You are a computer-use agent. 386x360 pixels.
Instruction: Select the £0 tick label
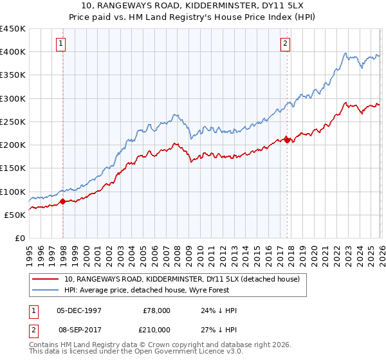pos(19,239)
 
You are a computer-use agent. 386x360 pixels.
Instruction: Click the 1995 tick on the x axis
pos(30,251)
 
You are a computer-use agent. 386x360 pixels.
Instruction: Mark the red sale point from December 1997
pos(62,202)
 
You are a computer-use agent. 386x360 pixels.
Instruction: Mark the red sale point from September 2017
pos(287,139)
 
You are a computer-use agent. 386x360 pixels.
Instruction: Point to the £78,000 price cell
pos(156,310)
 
